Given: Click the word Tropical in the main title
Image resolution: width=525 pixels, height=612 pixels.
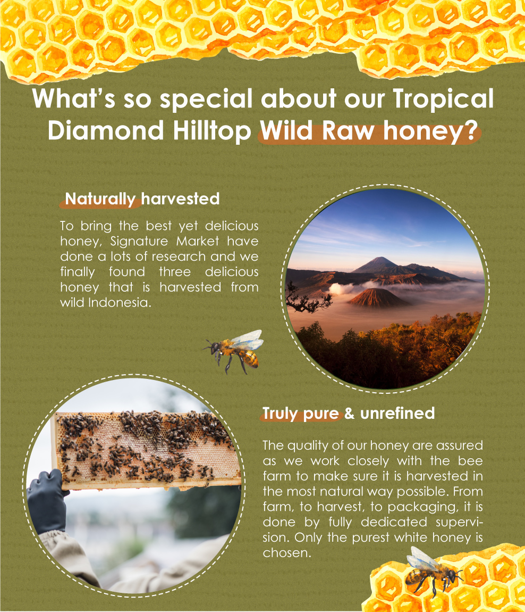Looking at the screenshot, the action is coord(443,100).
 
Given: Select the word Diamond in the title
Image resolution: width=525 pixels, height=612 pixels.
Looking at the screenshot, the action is coord(106,130).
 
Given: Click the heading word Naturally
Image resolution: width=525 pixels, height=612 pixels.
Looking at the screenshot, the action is coord(100,200).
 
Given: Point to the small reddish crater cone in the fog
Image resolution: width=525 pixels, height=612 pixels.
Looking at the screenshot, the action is coord(375,298).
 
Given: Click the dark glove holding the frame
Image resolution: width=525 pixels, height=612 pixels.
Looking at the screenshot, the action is coord(46,500).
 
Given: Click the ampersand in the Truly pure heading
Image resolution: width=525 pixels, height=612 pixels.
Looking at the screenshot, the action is coord(349,413).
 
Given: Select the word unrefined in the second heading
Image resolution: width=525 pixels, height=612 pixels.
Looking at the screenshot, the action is coord(397,413).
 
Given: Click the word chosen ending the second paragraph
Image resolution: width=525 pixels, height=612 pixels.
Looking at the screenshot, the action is coord(287,553).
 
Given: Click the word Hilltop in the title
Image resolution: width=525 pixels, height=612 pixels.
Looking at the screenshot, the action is coord(211,130).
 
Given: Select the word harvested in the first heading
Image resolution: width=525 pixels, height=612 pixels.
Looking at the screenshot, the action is coord(181,199).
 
